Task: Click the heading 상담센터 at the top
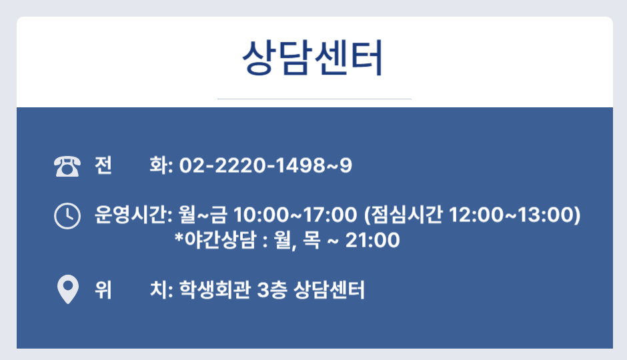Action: coord(313,58)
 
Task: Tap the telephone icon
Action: coord(67,166)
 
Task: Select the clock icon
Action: coord(67,216)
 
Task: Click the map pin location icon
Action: coord(68,289)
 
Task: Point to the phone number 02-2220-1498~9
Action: coord(265,165)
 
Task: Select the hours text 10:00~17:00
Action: coord(295,215)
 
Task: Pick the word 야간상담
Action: coord(219,240)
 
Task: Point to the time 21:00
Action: coord(372,240)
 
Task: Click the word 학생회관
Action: coord(215,290)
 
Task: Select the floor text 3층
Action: coord(272,290)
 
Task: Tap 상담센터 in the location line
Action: coord(329,290)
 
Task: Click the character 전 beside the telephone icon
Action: coord(103,165)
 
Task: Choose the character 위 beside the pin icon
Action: coord(103,290)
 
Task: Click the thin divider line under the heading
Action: coord(314,99)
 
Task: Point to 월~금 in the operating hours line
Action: coord(203,215)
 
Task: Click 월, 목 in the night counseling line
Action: coord(297,241)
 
